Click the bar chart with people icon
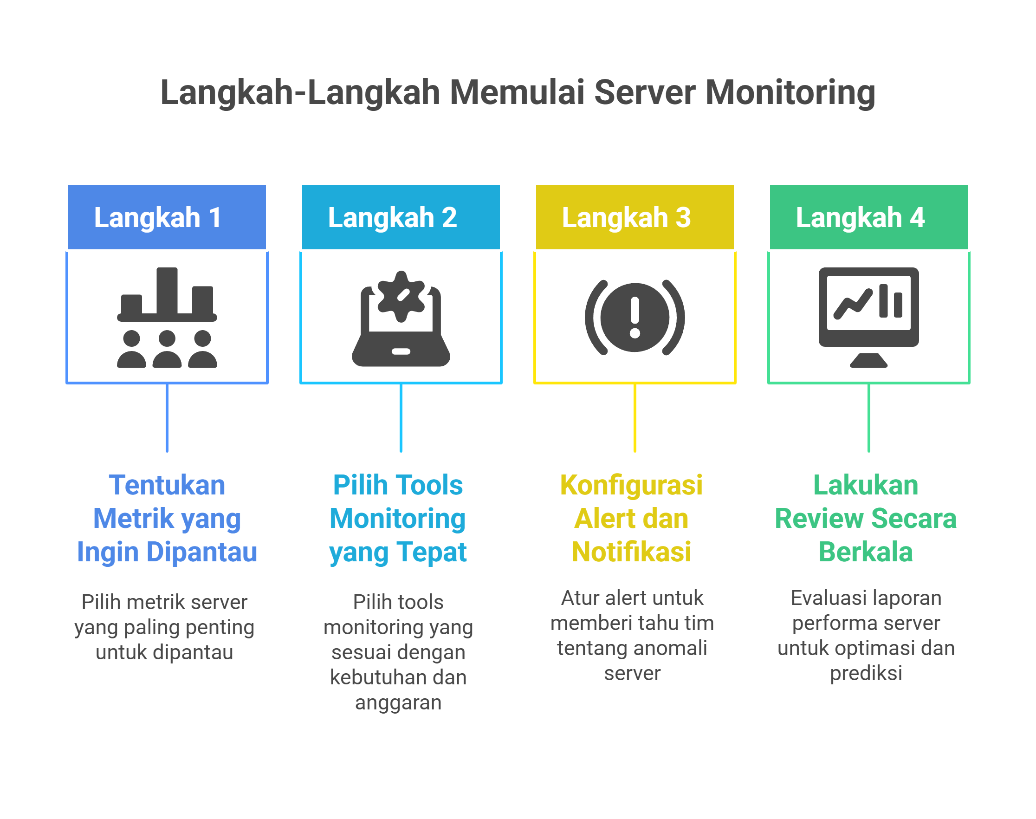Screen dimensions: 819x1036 coord(167,317)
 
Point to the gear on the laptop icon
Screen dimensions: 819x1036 coord(401,296)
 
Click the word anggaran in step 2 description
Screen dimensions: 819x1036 coord(398,702)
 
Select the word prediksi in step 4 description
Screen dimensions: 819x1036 coord(865,673)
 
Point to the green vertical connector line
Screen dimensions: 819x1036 coord(868,417)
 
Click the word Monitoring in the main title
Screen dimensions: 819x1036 coord(790,92)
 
